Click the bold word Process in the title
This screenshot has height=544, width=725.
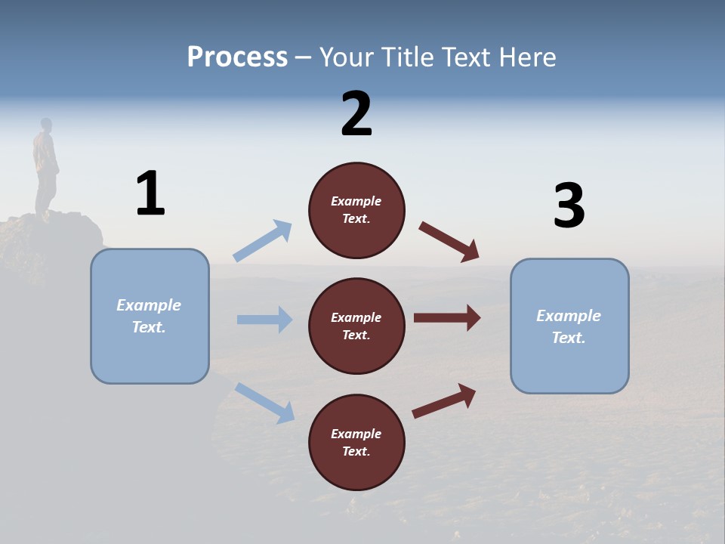(237, 57)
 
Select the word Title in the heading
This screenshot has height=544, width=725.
(409, 57)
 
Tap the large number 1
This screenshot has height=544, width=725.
(150, 194)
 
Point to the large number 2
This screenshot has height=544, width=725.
(356, 114)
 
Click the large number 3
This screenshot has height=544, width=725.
(569, 206)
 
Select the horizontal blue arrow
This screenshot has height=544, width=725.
(264, 320)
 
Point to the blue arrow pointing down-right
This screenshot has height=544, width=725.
(265, 402)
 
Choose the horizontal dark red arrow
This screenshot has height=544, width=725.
(446, 318)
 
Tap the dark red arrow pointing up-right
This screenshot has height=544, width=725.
(444, 401)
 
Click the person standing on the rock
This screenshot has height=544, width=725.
(46, 166)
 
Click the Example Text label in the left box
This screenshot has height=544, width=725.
(149, 316)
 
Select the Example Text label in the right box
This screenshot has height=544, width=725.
(569, 326)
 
